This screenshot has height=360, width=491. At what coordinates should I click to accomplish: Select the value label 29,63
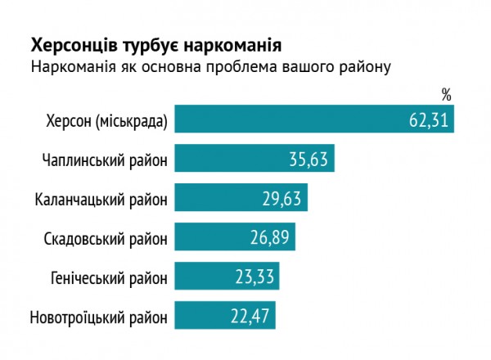click(283, 198)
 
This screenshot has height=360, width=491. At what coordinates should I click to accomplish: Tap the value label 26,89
click(270, 237)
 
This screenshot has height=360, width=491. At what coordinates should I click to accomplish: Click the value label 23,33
click(255, 277)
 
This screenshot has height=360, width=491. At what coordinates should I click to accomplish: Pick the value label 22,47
click(251, 316)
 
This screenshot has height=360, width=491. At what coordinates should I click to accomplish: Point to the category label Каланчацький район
click(101, 199)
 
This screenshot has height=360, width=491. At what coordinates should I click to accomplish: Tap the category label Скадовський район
click(104, 238)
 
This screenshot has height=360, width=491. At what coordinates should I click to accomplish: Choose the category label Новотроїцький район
click(98, 317)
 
